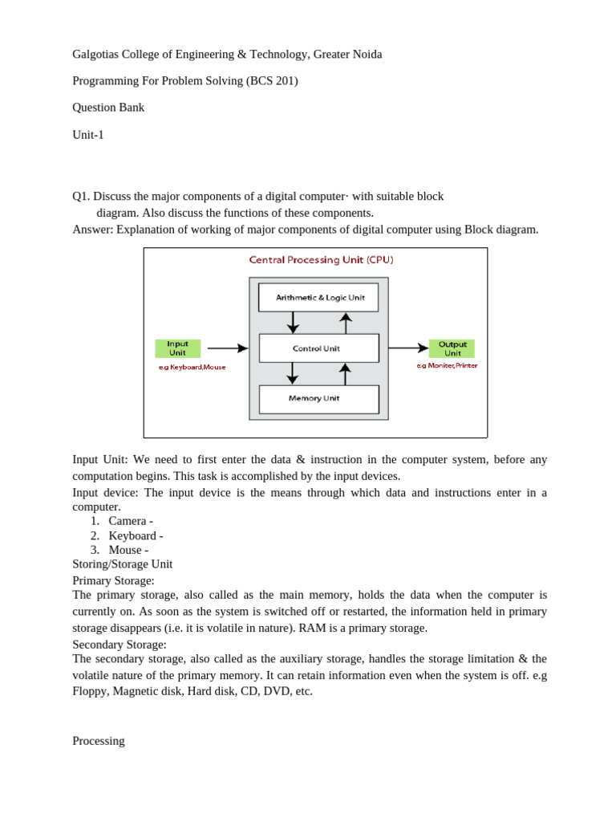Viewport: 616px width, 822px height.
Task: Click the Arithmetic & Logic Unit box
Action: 318,298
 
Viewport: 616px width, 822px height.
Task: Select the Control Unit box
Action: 318,348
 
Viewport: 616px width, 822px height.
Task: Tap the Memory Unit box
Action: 318,399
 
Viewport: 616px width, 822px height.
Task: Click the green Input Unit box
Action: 177,348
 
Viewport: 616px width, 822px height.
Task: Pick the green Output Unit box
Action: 452,348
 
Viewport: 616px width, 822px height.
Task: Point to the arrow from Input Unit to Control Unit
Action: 228,348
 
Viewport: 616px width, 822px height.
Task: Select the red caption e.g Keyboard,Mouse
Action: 192,367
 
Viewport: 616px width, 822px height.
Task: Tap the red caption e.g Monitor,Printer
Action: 447,366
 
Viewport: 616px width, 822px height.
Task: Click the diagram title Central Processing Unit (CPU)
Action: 321,260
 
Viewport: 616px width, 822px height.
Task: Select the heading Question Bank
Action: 108,108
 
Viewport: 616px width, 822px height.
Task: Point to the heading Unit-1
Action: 88,135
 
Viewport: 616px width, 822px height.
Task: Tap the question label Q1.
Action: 81,197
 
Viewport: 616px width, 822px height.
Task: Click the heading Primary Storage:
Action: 113,580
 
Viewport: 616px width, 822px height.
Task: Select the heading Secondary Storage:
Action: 120,645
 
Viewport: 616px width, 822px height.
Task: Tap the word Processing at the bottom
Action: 99,741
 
